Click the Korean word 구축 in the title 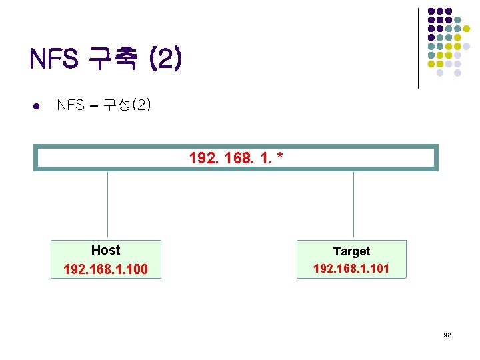click(112, 60)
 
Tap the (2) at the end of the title click(164, 60)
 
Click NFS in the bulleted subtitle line click(70, 105)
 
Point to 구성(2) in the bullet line click(127, 105)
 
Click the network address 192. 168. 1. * click(236, 158)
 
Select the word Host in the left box click(105, 250)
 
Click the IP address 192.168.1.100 click(105, 269)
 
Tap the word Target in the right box click(351, 251)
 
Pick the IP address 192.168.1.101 click(351, 269)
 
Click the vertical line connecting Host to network click(107, 205)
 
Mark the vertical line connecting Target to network click(353, 205)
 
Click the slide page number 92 click(447, 335)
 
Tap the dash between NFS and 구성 click(93, 105)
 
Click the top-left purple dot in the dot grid click(431, 11)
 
